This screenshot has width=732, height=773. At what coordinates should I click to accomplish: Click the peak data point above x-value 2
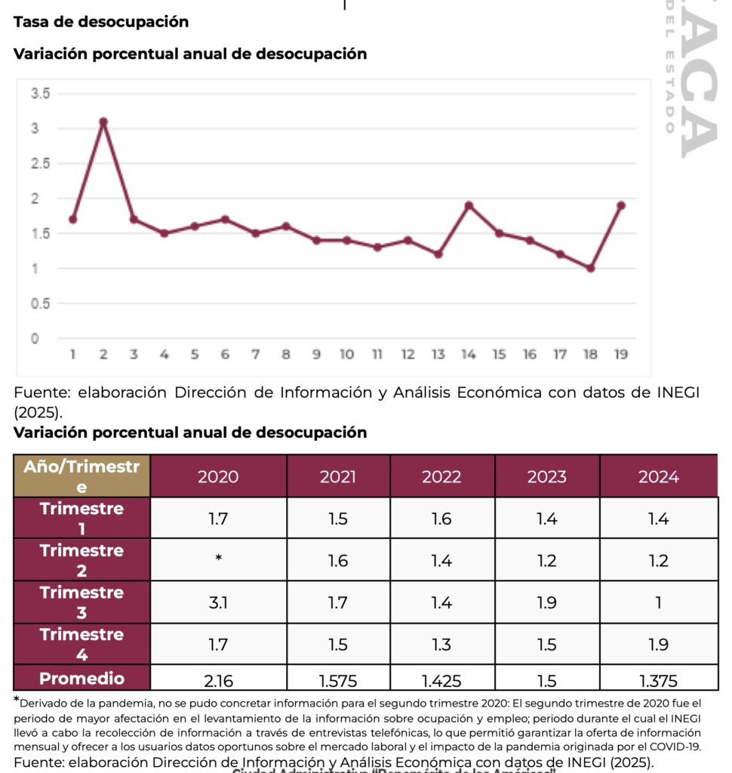[103, 122]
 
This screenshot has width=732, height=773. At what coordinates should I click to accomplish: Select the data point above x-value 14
[469, 205]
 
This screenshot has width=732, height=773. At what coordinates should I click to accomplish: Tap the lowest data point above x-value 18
[590, 268]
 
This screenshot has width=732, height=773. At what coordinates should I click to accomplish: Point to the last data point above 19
[621, 205]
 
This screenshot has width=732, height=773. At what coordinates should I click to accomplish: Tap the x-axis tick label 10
[346, 354]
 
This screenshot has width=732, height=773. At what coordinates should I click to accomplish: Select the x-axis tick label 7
[255, 354]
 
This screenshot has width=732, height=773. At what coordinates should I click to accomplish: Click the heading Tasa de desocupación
[101, 22]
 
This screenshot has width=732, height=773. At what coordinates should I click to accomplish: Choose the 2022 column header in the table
[441, 476]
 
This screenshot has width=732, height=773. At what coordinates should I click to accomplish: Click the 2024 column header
[658, 476]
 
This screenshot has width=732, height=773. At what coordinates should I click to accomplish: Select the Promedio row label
[82, 678]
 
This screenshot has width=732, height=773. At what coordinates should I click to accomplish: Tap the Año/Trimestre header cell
[82, 476]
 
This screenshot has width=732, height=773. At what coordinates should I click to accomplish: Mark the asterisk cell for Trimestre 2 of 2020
[218, 559]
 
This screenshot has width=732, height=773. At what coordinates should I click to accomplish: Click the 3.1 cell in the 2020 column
[218, 602]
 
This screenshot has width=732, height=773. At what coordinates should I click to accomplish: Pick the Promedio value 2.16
[218, 680]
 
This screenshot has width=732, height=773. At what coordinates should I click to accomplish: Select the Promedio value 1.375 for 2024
[658, 680]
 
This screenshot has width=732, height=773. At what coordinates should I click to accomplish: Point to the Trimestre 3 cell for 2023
[546, 602]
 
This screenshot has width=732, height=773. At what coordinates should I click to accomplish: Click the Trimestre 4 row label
[82, 643]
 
